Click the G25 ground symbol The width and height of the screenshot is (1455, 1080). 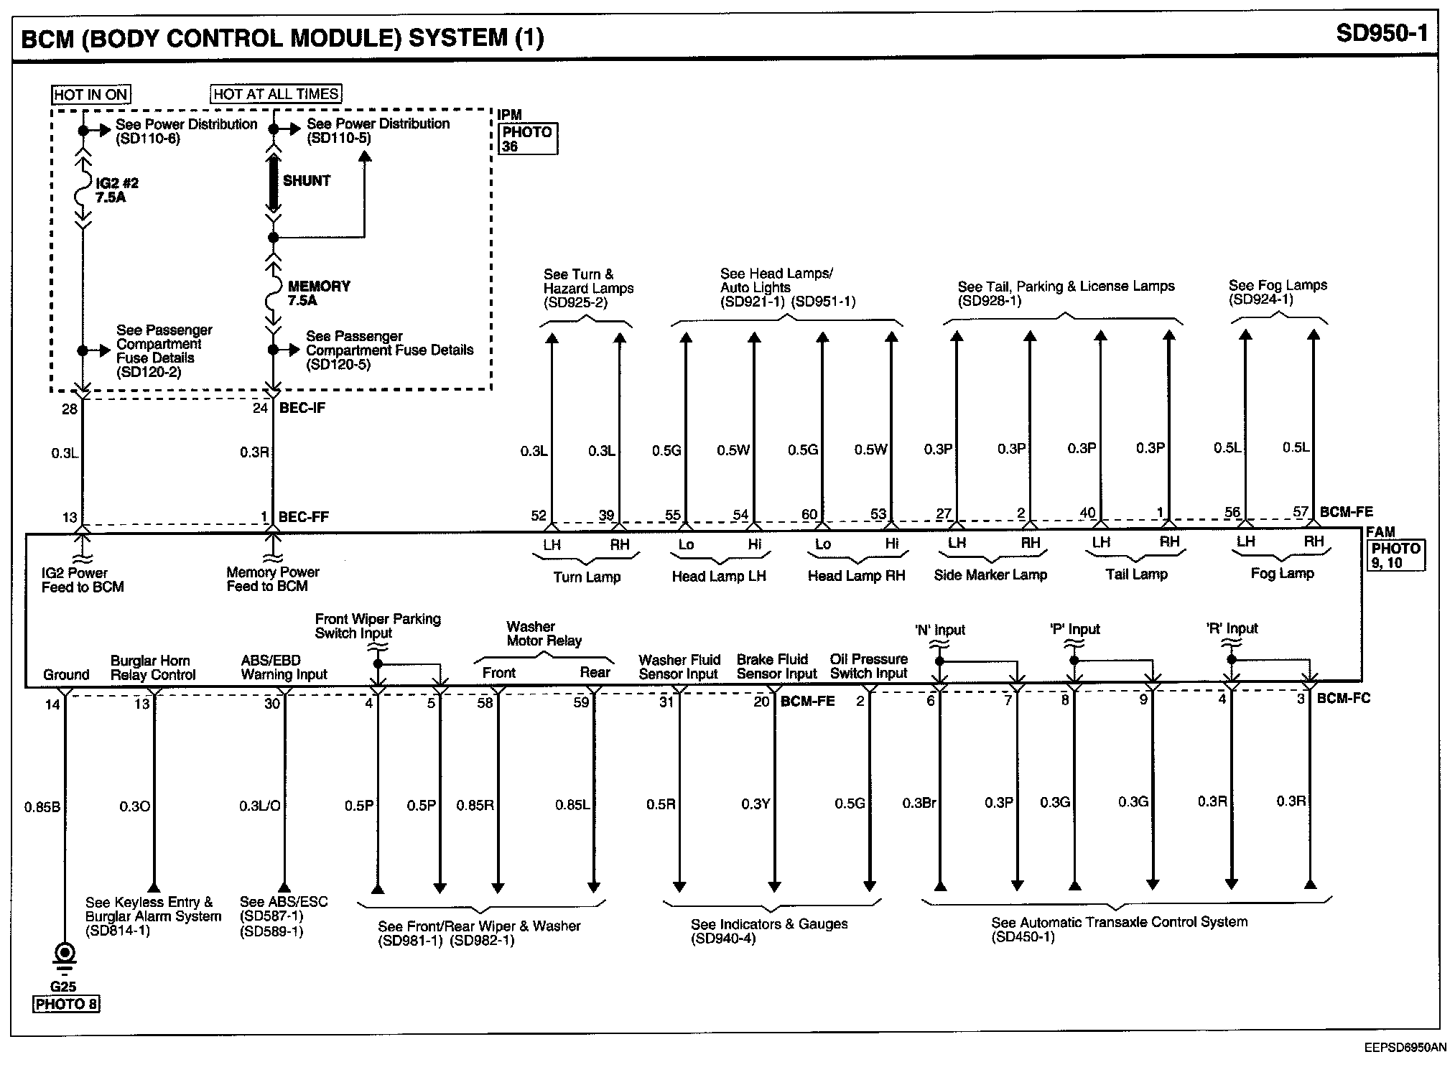[65, 956]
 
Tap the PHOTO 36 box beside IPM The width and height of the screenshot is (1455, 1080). [528, 139]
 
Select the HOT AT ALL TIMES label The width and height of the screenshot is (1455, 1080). [276, 94]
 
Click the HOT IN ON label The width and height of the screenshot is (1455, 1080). [90, 95]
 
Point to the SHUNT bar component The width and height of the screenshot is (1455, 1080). [273, 182]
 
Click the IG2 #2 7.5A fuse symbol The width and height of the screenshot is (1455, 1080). [83, 190]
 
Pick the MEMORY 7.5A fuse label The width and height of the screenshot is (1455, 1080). [318, 293]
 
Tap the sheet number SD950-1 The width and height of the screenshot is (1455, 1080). [1382, 34]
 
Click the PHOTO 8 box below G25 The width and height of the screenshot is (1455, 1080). [66, 1004]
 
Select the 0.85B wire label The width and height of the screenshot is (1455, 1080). [42, 807]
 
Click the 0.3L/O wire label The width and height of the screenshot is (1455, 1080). [259, 806]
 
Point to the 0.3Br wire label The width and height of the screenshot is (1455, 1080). [919, 803]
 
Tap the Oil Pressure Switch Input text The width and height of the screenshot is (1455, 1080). [868, 666]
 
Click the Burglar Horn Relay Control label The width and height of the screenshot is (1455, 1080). [152, 668]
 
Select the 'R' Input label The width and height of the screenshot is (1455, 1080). [1232, 629]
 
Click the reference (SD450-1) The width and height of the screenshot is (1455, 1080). [1023, 937]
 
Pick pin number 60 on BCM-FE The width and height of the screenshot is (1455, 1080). [809, 514]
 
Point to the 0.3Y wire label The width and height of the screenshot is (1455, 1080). [756, 804]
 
